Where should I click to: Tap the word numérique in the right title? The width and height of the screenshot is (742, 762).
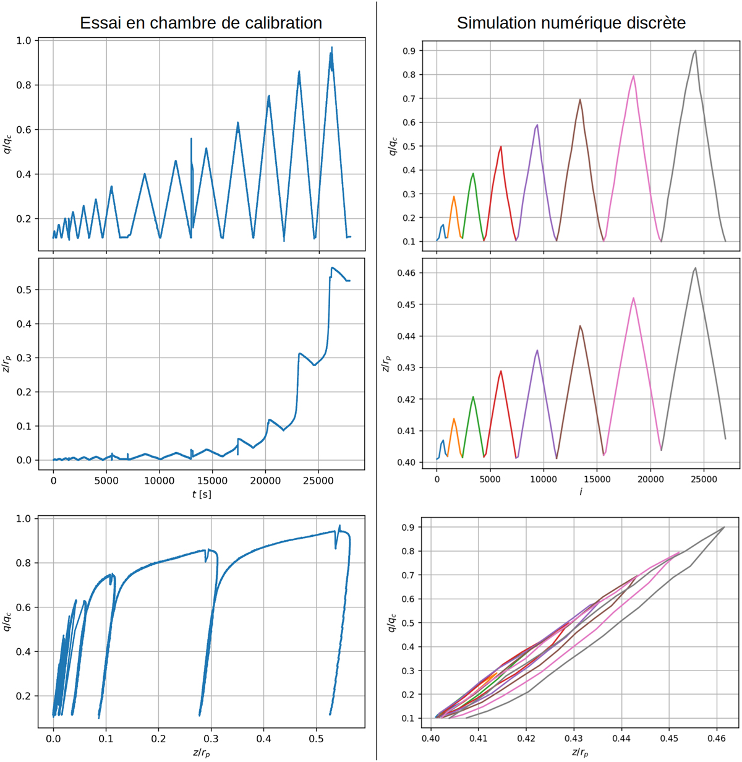pyautogui.click(x=551, y=24)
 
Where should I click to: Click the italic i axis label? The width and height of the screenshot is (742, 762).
pyautogui.click(x=581, y=492)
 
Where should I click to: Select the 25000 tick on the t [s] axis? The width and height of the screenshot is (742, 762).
pyautogui.click(x=318, y=480)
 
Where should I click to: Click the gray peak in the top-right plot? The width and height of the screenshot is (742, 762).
pyautogui.click(x=696, y=51)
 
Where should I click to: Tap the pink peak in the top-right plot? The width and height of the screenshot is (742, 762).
pyautogui.click(x=634, y=76)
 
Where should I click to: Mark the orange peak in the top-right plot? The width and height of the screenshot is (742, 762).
pyautogui.click(x=454, y=197)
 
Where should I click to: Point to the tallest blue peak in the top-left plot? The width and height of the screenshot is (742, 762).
pyautogui.click(x=332, y=48)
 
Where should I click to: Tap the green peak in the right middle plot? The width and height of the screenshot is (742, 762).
pyautogui.click(x=473, y=397)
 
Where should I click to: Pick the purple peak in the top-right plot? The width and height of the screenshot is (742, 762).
pyautogui.click(x=537, y=125)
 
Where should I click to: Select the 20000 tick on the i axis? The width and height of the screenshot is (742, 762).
pyautogui.click(x=650, y=479)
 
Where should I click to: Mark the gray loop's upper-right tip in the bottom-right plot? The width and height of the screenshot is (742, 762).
pyautogui.click(x=724, y=527)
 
